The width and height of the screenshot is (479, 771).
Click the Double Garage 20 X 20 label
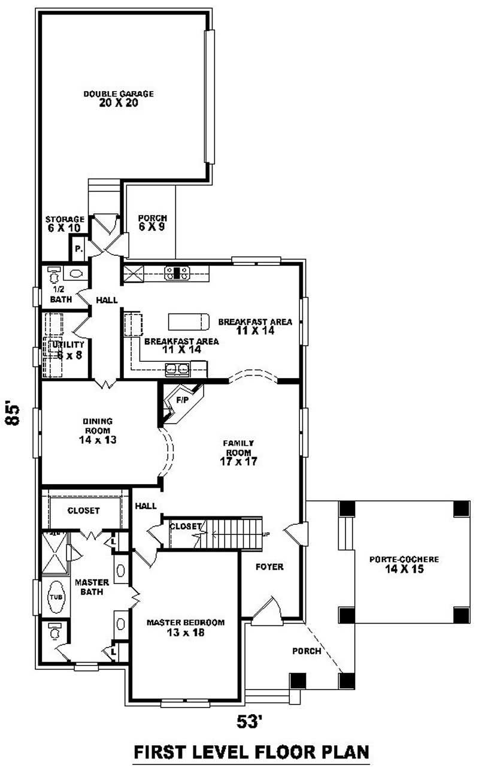pos(119,98)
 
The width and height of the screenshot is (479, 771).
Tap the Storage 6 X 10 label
pos(65,223)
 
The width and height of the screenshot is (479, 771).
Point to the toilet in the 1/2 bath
pos(53,275)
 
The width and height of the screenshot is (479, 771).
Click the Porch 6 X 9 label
pos(152,222)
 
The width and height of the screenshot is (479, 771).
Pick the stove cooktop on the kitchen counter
pos(178,273)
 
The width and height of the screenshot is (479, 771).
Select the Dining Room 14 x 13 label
pos(97,430)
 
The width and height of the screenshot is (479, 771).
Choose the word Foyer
pos(269,566)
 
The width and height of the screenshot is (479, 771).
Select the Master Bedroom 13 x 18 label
pos(186,627)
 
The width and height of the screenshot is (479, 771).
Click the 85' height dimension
pos(13,413)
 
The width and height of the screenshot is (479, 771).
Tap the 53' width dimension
pos(250,722)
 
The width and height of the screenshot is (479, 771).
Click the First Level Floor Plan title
pos(251,752)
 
